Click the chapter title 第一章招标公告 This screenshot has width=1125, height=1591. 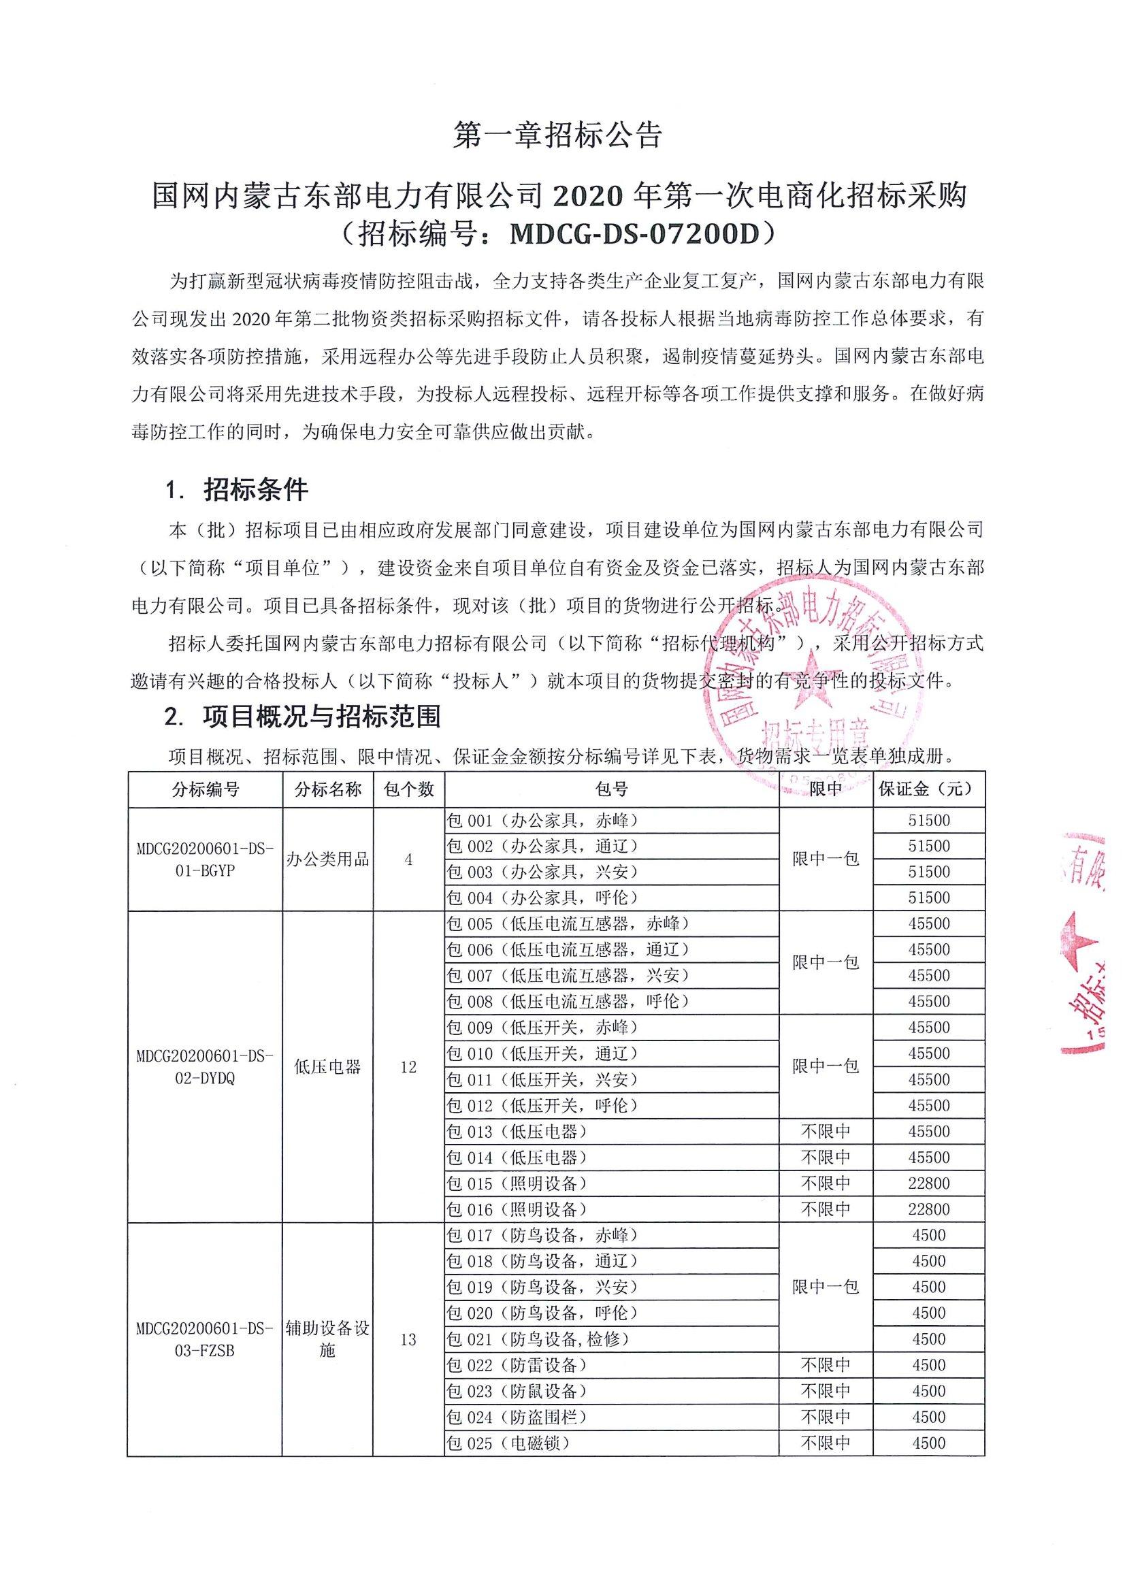[x=558, y=136]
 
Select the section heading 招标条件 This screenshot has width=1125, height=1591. [x=255, y=490]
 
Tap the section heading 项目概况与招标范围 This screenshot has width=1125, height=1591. [x=322, y=717]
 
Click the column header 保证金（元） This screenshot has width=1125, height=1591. [x=928, y=789]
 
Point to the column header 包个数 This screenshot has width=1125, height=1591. [x=408, y=789]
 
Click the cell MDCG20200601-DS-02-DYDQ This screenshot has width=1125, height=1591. [x=205, y=1067]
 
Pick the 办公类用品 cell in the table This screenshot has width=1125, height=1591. [x=328, y=859]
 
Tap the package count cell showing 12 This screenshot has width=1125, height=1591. [x=408, y=1067]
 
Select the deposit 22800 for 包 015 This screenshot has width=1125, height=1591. [x=929, y=1183]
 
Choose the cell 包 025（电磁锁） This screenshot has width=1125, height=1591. [x=508, y=1443]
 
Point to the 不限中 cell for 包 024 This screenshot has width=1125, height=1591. [x=826, y=1417]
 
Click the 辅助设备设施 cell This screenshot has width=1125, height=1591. [x=328, y=1339]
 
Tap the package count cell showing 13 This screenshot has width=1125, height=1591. [x=408, y=1339]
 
